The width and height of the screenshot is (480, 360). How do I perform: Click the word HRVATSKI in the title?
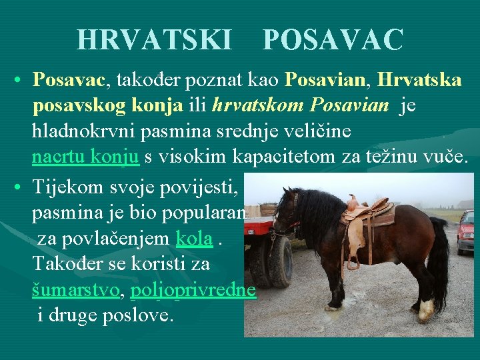coord(154,40)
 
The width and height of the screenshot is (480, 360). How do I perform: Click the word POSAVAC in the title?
coord(333,40)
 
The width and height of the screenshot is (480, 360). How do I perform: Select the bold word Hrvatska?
coord(419,81)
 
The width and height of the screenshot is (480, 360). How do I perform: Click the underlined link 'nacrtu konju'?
coord(85,157)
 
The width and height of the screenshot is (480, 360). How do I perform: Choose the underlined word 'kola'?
coord(194,237)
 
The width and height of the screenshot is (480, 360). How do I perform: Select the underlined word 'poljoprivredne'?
coord(193,290)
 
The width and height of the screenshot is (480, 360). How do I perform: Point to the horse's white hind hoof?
coord(425,310)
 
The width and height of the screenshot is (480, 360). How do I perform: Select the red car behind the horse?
coord(466,231)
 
